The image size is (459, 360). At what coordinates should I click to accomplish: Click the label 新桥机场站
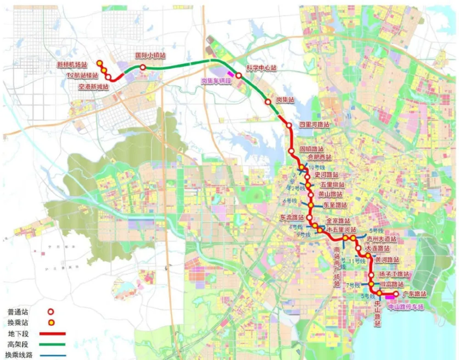click(71, 65)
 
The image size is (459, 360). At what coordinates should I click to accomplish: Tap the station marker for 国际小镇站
click(143, 67)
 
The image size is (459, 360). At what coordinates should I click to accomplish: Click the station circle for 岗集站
click(268, 102)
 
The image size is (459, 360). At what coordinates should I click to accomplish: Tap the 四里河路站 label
click(314, 125)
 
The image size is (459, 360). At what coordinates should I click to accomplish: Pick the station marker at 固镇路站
click(291, 151)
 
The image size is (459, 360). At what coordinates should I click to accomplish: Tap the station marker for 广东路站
click(396, 294)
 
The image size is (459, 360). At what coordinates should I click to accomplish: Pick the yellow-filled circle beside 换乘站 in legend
click(52, 322)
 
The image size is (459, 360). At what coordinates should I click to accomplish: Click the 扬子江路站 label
click(394, 274)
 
